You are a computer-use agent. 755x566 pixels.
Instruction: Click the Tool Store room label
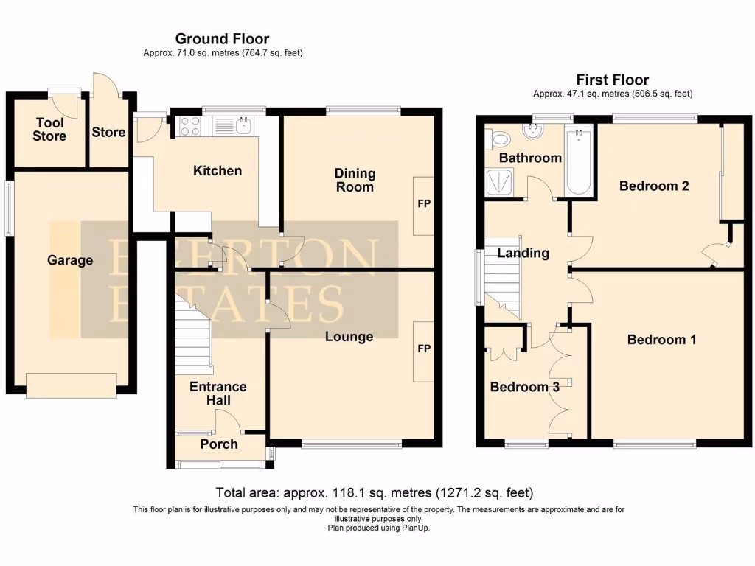coord(49,130)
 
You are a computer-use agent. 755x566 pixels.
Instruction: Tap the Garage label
coord(70,260)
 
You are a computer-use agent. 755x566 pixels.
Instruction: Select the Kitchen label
coord(218,171)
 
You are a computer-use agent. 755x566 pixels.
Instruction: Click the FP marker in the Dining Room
coord(424,204)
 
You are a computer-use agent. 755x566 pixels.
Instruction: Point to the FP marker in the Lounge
coord(424,349)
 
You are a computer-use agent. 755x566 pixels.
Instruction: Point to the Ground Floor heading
coord(222,39)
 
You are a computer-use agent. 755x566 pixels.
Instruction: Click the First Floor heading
coord(613,80)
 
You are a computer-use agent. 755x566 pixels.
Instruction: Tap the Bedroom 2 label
coord(654,186)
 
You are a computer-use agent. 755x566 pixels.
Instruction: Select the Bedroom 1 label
coord(661,340)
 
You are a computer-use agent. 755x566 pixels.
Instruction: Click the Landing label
coord(523,254)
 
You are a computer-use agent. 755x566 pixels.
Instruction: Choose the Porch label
coord(219,444)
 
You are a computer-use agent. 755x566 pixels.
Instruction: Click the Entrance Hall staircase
coord(194,332)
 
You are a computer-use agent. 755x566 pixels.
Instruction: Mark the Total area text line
coord(374,492)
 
